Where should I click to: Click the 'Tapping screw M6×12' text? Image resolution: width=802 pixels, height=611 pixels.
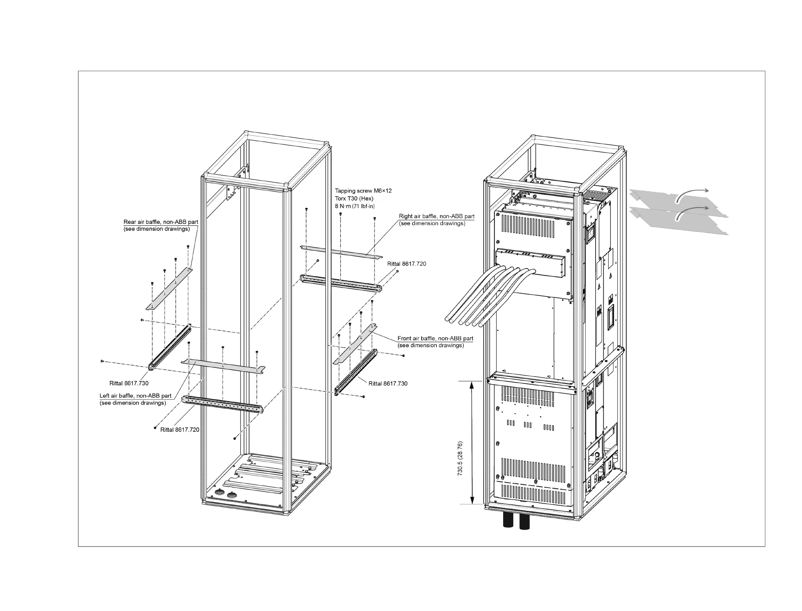[x=363, y=190]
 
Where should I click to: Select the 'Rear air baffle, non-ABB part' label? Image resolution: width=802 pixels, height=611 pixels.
[x=161, y=222]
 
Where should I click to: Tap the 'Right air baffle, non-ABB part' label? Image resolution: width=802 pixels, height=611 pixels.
[x=436, y=216]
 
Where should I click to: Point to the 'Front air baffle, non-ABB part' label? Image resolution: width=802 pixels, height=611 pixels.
[x=435, y=339]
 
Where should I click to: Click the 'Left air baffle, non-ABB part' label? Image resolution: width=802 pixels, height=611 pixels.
[x=135, y=396]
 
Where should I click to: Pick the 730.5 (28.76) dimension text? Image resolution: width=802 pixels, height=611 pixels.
[x=460, y=459]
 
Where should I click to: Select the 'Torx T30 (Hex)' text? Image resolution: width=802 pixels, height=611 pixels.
[x=354, y=198]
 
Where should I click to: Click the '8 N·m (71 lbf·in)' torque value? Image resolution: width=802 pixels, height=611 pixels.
[x=354, y=206]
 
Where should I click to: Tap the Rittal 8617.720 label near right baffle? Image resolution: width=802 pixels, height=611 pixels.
[x=407, y=264]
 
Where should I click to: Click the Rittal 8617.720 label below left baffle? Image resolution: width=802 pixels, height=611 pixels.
[x=180, y=430]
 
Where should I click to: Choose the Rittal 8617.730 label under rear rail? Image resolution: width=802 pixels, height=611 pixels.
[x=129, y=384]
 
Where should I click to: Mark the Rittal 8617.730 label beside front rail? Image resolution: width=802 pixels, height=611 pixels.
[x=387, y=384]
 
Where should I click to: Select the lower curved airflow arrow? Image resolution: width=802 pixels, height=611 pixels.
[x=691, y=210]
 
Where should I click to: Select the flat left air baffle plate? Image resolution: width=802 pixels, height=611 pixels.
[x=223, y=366]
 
